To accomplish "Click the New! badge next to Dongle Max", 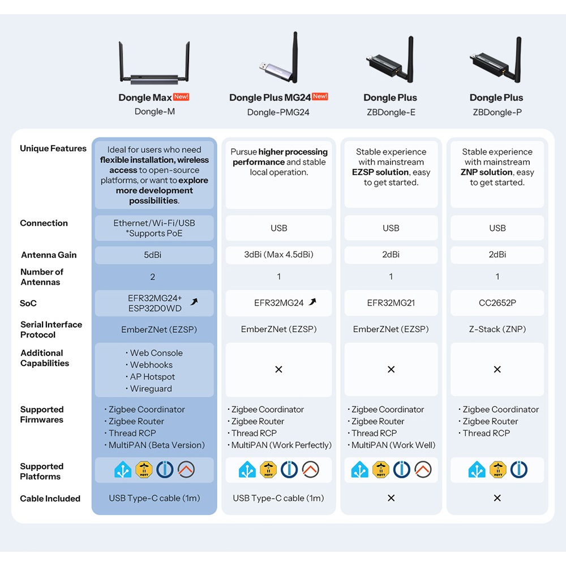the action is pos(181,97).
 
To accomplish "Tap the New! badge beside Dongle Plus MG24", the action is pos(320,96).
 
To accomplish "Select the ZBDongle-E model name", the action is pos(391,112).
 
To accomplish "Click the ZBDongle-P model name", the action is pos(497,112).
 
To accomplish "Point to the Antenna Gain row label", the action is pos(49,255).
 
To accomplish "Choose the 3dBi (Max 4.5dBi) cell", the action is pos(278,255).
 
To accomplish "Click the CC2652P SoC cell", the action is pos(498,303).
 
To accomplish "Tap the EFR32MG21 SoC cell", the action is pos(391,303).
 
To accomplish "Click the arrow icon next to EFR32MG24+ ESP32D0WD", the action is pos(194,302).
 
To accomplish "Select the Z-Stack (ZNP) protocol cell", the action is pos(498,329).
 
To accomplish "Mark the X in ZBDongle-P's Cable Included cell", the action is pos(498,498).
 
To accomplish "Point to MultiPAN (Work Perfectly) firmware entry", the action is pos(280,445).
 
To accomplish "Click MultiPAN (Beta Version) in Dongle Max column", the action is pos(155,445).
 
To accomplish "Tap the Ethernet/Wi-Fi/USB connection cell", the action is pos(154,228).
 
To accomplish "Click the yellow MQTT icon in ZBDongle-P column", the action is pos(498,470).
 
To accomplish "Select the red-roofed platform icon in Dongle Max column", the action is pos(186,470).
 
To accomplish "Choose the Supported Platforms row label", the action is pos(42,471).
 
